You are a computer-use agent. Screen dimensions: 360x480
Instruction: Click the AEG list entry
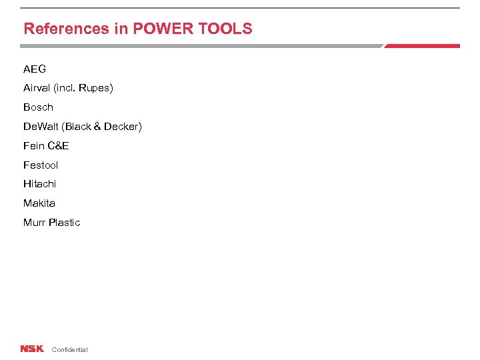coord(35,69)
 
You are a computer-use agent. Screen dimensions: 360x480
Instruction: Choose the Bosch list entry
coord(38,107)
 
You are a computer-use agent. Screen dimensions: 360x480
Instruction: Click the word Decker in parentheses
coord(121,126)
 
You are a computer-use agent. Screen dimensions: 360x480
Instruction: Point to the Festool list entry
coord(41,165)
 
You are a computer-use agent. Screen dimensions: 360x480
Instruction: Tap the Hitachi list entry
coord(40,183)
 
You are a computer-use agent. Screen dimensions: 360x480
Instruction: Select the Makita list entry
coord(39,203)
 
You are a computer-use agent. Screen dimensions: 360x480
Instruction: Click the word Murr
coord(34,222)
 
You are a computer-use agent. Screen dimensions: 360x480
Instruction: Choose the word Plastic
coord(64,222)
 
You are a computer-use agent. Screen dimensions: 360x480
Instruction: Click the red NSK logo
coord(31,349)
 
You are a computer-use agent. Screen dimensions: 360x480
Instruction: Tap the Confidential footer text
coord(69,349)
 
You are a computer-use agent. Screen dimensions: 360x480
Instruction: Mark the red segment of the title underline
coord(422,46)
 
